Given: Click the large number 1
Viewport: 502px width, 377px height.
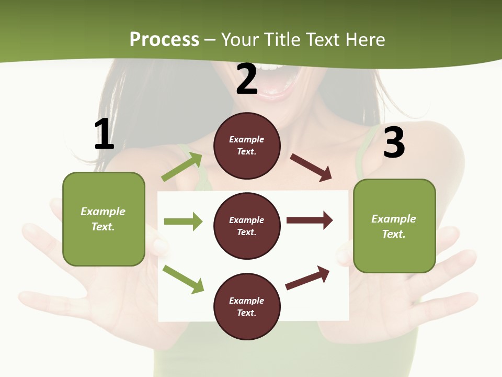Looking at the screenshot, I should coord(104,134).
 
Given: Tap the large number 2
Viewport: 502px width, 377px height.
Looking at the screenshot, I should coord(247,79).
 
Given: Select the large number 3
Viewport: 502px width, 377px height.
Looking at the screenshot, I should coord(394,142).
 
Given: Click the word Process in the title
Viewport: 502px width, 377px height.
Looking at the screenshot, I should coord(164,39).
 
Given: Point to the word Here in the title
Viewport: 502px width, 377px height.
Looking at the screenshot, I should coord(364,39).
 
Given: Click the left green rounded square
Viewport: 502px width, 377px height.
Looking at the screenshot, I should coord(104,219).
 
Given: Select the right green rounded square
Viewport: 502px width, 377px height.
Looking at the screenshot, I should coord(394,226).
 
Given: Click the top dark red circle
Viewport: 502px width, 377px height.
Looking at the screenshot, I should coord(247,146).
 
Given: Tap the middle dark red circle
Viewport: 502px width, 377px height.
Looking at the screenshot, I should coord(247,226).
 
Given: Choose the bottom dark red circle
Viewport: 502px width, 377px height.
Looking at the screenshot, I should coord(247,307).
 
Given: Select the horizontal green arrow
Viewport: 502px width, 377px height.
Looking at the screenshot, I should coord(183,221).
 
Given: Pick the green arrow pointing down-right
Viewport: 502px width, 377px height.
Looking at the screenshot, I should coord(184,279).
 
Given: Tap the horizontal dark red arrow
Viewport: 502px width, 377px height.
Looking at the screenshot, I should coord(310,220).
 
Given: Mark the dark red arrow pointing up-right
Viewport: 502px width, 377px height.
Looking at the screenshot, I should coord(307,278).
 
